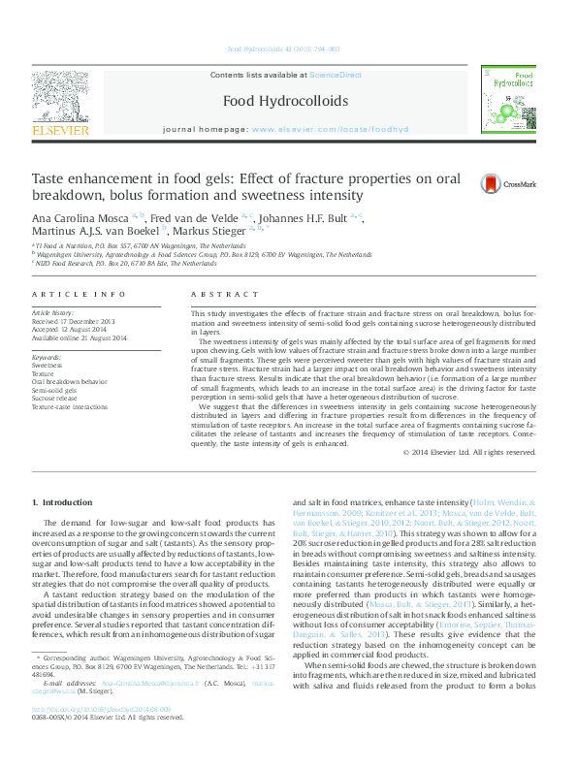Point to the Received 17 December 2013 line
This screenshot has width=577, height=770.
coord(74,322)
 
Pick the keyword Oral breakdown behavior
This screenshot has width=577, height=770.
coord(70,382)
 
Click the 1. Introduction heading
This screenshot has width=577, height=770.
coord(63,502)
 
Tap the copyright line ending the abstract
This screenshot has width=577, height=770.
coord(468,453)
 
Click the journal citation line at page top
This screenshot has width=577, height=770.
coord(283,48)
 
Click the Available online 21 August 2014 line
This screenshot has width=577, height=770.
coord(80,337)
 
